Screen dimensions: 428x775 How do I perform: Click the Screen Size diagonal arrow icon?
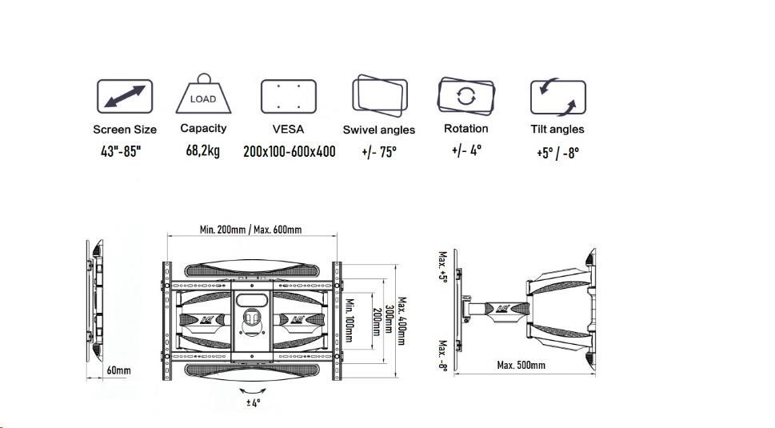(x=125, y=97)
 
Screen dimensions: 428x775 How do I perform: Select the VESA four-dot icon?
(x=289, y=98)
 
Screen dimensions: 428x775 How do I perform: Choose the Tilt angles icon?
(x=557, y=97)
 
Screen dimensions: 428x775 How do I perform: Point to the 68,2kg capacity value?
(x=202, y=151)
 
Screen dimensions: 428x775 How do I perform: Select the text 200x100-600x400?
(x=289, y=152)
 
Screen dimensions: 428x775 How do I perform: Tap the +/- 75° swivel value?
(x=379, y=151)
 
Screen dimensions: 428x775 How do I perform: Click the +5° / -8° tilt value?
(x=557, y=153)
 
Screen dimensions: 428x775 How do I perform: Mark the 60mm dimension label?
(x=118, y=370)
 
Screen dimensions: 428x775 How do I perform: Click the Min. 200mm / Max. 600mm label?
(x=250, y=230)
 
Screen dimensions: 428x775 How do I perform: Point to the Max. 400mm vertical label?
(x=401, y=321)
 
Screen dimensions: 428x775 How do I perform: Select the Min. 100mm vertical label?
(x=350, y=318)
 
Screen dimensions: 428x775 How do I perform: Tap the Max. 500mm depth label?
(x=521, y=365)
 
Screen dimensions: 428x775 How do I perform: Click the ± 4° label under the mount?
(x=253, y=403)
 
